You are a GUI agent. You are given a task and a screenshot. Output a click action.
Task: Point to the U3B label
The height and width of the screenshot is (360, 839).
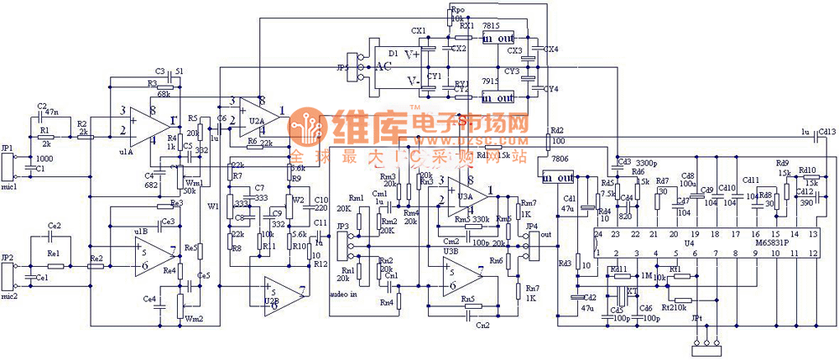[x=450, y=250]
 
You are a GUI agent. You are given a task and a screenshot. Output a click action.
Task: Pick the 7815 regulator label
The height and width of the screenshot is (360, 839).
[x=491, y=27]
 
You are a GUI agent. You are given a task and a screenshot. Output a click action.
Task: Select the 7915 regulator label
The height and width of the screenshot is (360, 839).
[x=491, y=81]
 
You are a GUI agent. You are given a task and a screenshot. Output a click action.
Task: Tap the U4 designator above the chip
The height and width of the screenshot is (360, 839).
[x=688, y=244]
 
